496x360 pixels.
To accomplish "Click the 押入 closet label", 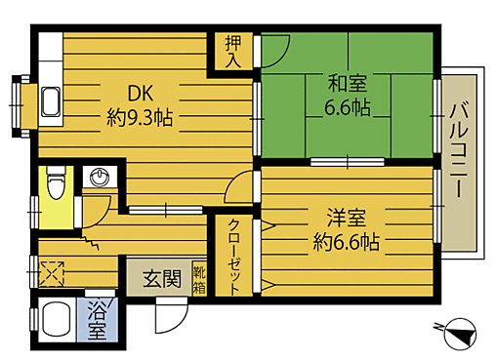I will [x=233, y=51].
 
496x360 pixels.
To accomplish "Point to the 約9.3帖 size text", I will [x=140, y=118].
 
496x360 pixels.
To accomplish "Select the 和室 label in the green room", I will [x=347, y=83].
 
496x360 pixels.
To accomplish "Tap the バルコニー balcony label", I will [x=459, y=156].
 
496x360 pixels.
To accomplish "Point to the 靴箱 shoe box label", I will [x=199, y=279].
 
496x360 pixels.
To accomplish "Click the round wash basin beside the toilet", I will [x=98, y=178].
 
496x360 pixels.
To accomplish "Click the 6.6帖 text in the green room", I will [x=347, y=106].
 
